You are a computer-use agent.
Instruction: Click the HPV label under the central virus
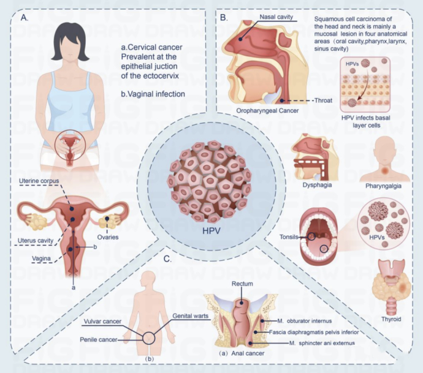point(211,231)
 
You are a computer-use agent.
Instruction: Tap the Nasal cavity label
point(276,17)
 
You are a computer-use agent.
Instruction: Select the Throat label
point(324,100)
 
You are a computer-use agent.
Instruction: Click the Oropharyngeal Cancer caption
point(267,110)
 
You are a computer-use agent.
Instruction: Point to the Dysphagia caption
point(317,185)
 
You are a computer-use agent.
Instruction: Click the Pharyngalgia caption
point(383,186)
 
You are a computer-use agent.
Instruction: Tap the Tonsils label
point(289,237)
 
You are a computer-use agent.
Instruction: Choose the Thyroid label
point(391,319)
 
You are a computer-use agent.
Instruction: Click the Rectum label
point(242,284)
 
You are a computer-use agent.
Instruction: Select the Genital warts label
point(191,315)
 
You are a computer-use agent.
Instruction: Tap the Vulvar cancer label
point(102,322)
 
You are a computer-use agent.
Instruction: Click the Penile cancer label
point(99,339)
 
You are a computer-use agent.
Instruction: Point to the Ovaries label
point(108,237)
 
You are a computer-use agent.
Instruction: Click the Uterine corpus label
point(39,181)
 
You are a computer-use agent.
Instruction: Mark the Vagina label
point(41,258)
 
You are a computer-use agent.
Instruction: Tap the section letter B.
point(224,18)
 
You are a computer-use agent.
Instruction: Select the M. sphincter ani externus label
point(322,343)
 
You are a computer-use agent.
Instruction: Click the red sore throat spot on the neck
point(385,170)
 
